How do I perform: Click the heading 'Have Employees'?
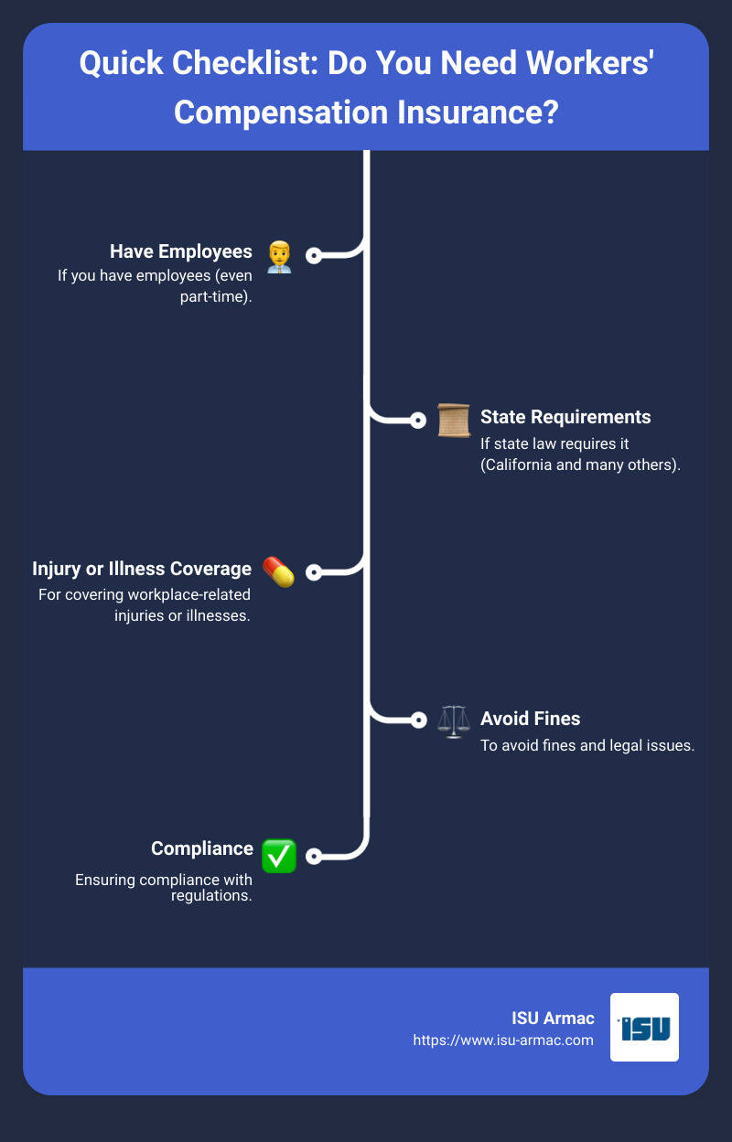pos(181,251)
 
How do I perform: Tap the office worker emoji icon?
pos(279,257)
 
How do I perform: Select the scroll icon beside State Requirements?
pos(454,420)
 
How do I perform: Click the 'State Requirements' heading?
pos(565,417)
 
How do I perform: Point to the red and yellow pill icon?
pos(278,571)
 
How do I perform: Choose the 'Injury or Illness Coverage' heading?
pos(142,569)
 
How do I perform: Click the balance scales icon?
pos(454,721)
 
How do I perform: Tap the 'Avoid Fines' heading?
pos(530,719)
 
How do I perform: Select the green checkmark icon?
pos(279,856)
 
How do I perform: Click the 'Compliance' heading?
pos(202,848)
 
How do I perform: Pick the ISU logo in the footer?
pos(644,1028)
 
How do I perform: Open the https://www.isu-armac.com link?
pos(503,1041)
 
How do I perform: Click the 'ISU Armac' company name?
pos(553,1019)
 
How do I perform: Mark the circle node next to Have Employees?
pos(314,255)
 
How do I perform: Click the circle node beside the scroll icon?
pos(418,420)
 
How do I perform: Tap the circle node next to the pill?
pos(314,572)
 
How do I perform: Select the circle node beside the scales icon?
pos(418,720)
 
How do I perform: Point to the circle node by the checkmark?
pos(314,856)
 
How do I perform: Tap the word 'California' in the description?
pos(516,465)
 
